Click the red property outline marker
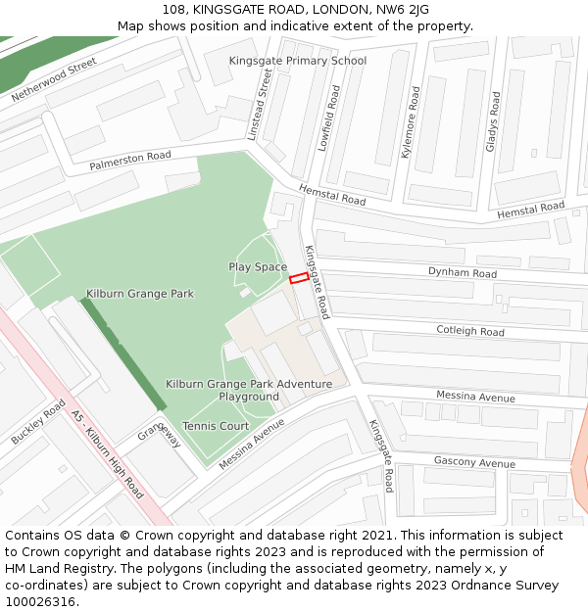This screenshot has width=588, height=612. click(299, 277)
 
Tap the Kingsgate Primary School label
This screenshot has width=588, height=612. click(298, 61)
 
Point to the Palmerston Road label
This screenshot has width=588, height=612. click(130, 161)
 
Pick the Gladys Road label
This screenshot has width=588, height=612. click(494, 121)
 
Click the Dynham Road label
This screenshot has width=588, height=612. click(463, 273)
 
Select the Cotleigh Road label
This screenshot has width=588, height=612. click(470, 331)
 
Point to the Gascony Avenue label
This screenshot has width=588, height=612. click(474, 462)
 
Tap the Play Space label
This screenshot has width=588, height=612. click(258, 267)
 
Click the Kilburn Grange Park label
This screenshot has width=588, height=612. click(140, 294)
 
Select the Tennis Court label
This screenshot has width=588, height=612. click(216, 426)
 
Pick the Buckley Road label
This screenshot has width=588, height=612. click(38, 422)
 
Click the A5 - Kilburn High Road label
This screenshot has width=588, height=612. click(108, 455)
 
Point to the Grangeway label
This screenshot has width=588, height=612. click(160, 435)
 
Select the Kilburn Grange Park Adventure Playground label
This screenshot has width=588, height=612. click(249, 391)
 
